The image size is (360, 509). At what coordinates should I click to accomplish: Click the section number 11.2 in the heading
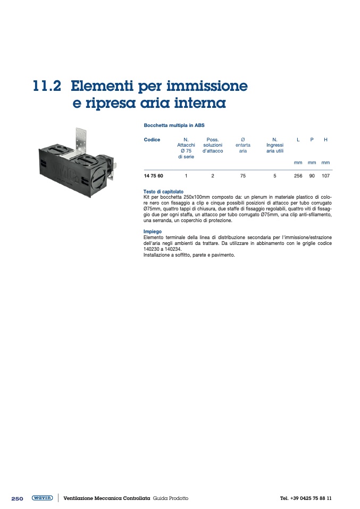[x=47, y=86]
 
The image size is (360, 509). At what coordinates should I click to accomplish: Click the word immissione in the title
[x=207, y=86]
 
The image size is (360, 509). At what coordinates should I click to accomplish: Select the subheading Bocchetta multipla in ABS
[x=174, y=125]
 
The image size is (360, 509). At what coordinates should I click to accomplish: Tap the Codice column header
[x=152, y=140]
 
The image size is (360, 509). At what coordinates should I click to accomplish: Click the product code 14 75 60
[x=153, y=176]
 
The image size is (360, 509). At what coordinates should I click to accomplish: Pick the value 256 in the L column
[x=298, y=176]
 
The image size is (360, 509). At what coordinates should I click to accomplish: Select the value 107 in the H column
[x=325, y=176]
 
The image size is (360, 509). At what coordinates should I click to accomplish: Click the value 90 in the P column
[x=312, y=176]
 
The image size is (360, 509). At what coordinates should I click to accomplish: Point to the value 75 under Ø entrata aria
[x=243, y=176]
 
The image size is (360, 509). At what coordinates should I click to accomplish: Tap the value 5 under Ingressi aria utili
[x=275, y=176]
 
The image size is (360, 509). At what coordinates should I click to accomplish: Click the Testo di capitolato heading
[x=163, y=191]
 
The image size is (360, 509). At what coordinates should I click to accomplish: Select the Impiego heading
[x=153, y=232]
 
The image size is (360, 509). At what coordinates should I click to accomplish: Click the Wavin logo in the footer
[x=42, y=498]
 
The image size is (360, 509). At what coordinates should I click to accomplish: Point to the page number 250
[x=17, y=498]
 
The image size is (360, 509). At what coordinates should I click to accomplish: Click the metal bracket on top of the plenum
[x=81, y=140]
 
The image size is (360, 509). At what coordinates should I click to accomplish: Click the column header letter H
[x=325, y=140]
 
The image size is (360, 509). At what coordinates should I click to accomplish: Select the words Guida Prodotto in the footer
[x=171, y=498]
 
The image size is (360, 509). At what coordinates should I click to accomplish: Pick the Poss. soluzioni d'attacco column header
[x=213, y=145]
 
